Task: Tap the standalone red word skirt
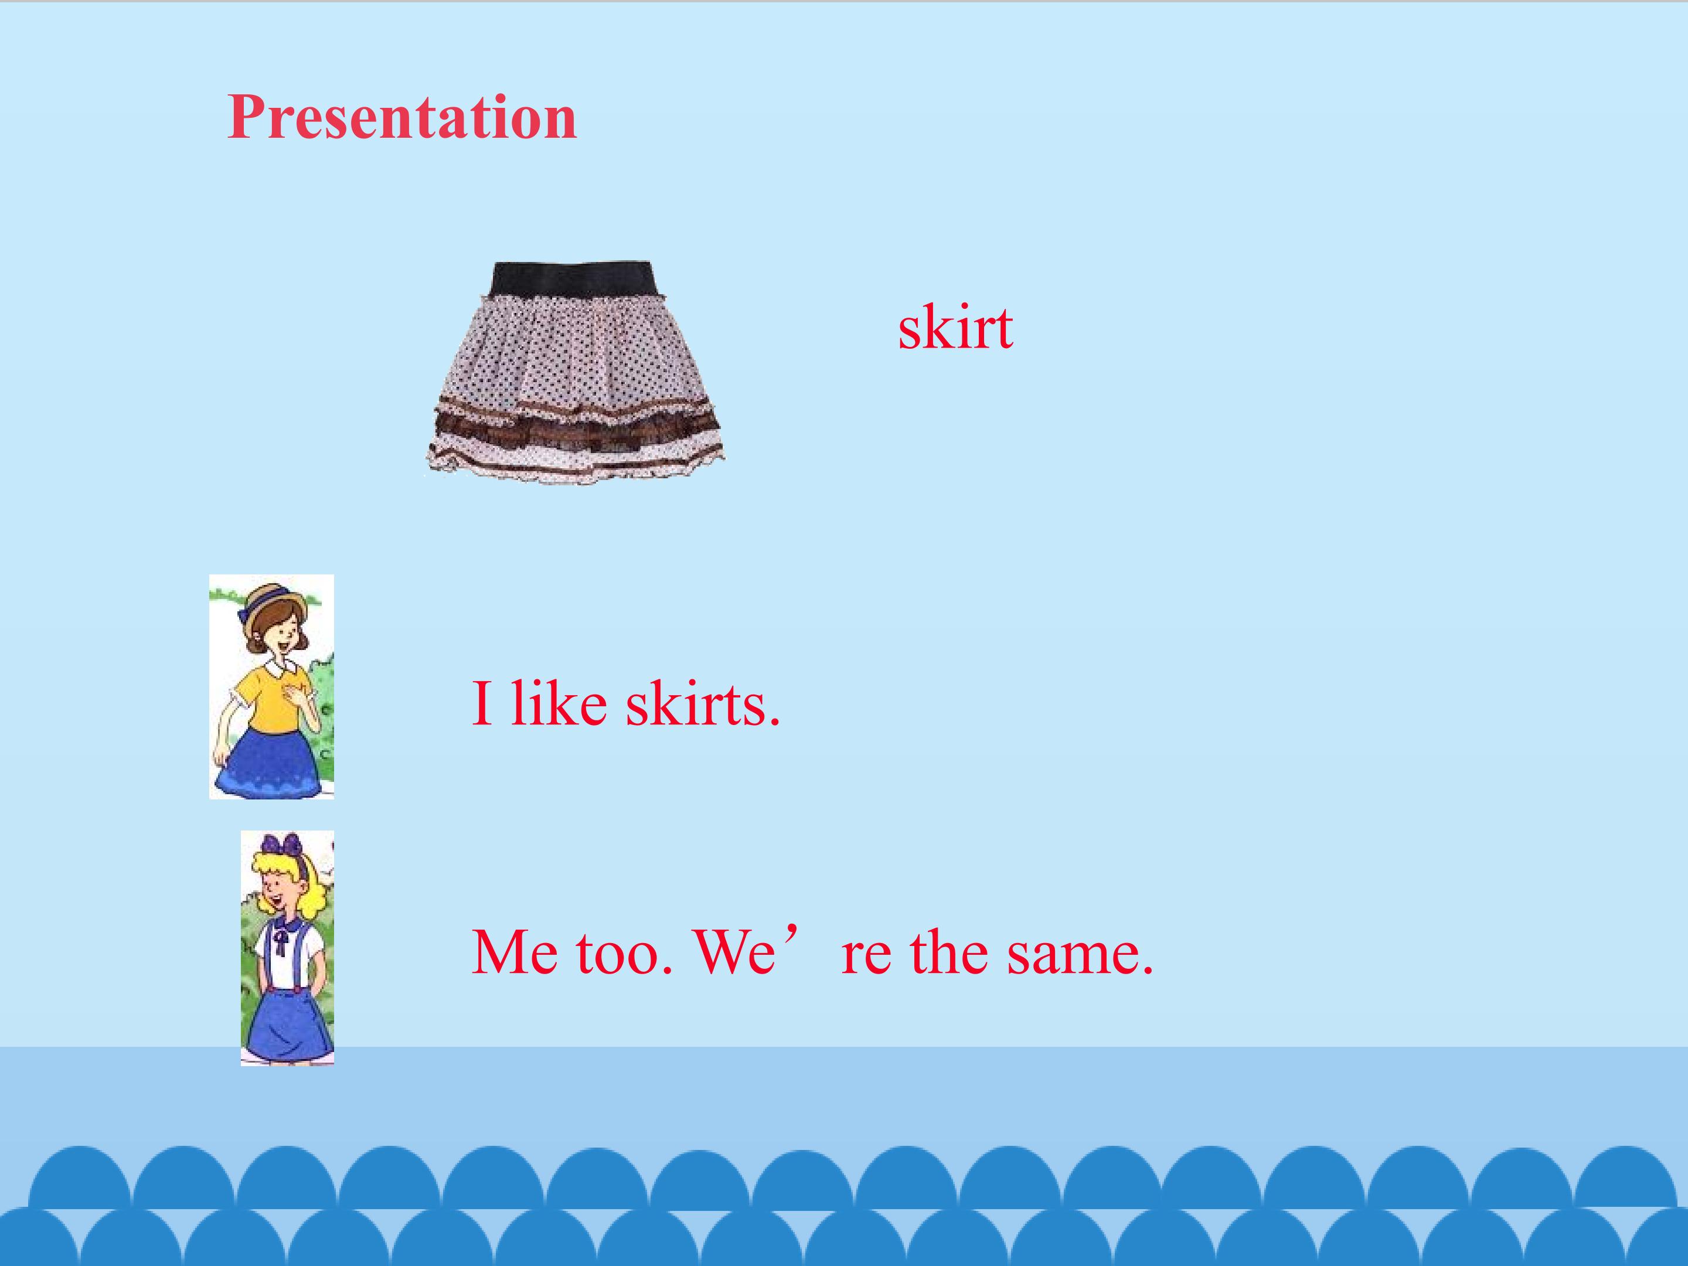pyautogui.click(x=955, y=328)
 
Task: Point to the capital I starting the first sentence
pyautogui.click(x=481, y=703)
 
